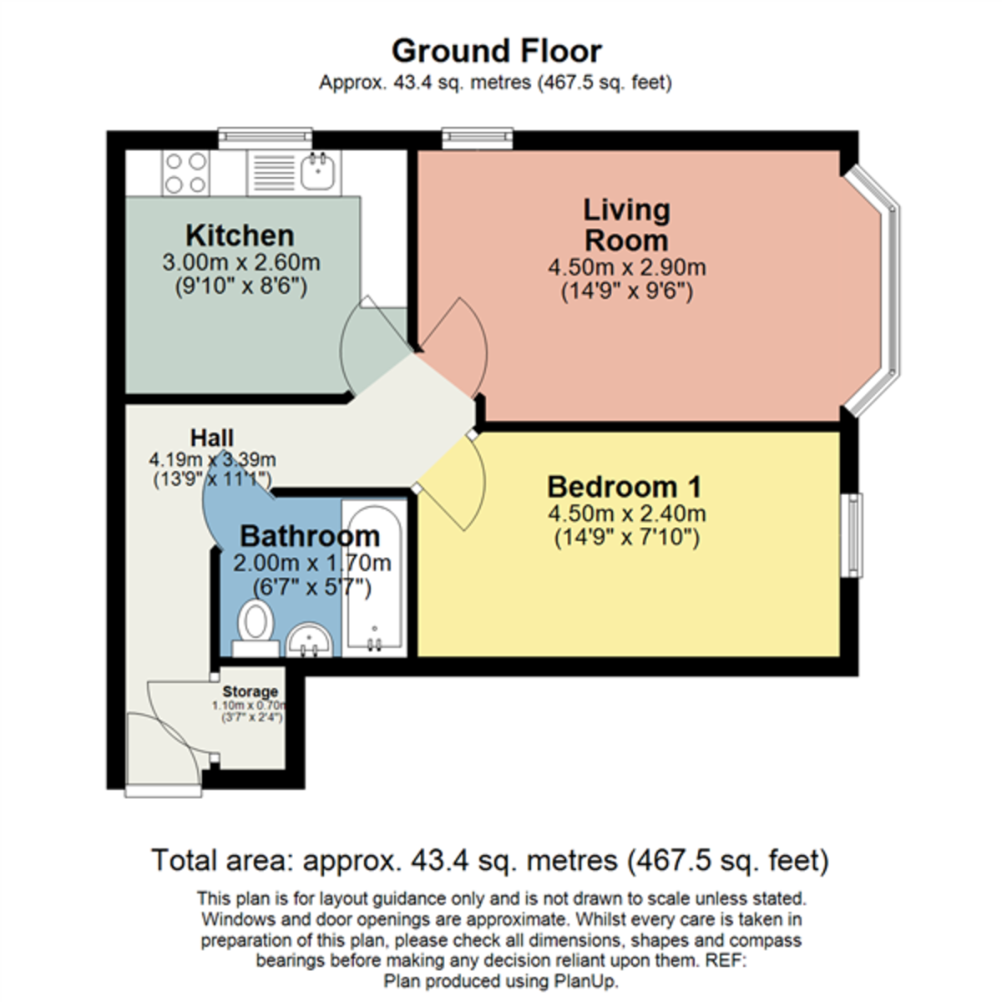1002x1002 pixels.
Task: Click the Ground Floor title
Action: (x=497, y=51)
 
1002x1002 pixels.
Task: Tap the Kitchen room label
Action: (x=240, y=235)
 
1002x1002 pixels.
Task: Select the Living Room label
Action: (x=626, y=225)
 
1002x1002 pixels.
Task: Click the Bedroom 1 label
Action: (x=625, y=487)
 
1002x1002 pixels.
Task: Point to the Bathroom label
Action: (x=310, y=536)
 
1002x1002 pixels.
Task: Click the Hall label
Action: (x=211, y=438)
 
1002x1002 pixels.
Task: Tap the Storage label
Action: (x=250, y=691)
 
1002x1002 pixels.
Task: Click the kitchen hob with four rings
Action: (x=185, y=173)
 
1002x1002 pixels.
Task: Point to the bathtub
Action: (x=374, y=578)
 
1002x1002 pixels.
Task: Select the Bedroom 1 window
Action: (x=852, y=535)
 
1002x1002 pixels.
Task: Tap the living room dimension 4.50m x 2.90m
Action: (x=626, y=268)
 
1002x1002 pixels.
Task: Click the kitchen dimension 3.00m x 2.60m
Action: (x=240, y=262)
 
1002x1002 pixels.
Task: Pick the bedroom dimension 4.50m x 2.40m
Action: (x=626, y=514)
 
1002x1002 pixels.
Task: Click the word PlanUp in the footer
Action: (x=585, y=980)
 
